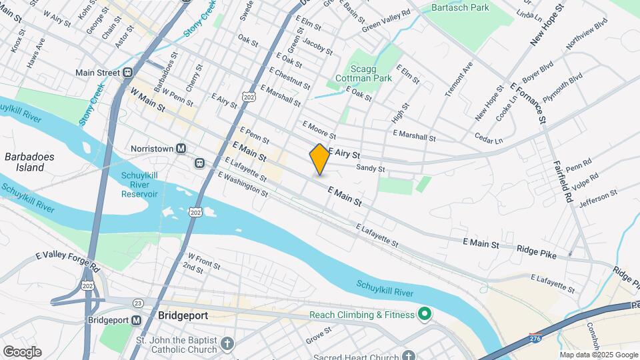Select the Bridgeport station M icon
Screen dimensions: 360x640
137,320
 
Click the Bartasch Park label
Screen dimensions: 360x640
460,7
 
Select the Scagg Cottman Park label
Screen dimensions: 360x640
369,72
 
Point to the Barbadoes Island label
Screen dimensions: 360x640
29,162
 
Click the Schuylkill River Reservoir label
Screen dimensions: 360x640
139,185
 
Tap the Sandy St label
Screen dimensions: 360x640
371,169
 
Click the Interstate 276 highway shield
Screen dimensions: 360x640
534,339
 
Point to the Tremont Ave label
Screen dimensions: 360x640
459,79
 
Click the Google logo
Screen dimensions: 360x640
22,351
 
